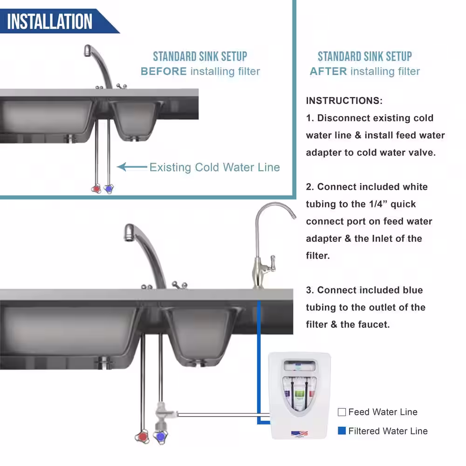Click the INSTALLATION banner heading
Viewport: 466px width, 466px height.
pyautogui.click(x=50, y=21)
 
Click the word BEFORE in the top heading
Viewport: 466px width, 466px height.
pyautogui.click(x=164, y=71)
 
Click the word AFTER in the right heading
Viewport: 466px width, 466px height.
pyautogui.click(x=329, y=71)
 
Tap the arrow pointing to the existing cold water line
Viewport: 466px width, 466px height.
pyautogui.click(x=132, y=167)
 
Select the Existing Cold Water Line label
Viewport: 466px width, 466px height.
pyautogui.click(x=214, y=167)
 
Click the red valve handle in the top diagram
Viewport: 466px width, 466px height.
pyautogui.click(x=96, y=188)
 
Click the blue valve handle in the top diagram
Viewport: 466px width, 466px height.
pyautogui.click(x=109, y=189)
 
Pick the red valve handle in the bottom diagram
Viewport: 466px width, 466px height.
pyautogui.click(x=142, y=436)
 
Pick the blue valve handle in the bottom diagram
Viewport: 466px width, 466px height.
pyautogui.click(x=160, y=436)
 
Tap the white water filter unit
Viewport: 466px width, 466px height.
pyautogui.click(x=299, y=396)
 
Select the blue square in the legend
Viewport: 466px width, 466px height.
pyautogui.click(x=342, y=431)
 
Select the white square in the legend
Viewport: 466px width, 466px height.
pyautogui.click(x=342, y=412)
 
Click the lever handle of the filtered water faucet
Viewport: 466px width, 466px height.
pyautogui.click(x=272, y=263)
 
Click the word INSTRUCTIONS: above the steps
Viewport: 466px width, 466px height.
pyautogui.click(x=344, y=101)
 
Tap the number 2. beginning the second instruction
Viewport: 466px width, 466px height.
pyautogui.click(x=310, y=187)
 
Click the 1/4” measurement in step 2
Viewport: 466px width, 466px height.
pyautogui.click(x=377, y=204)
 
